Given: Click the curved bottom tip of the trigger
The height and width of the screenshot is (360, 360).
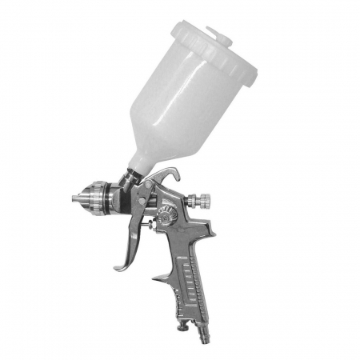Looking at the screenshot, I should pos(118,266).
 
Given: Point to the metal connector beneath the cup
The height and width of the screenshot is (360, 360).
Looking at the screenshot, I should pos(132,181).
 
